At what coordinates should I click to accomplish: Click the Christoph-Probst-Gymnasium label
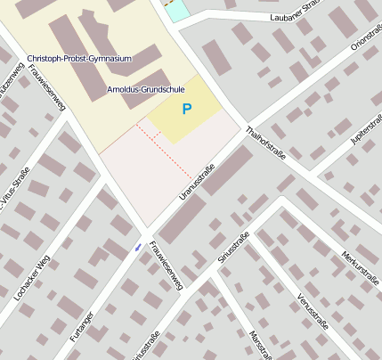78,59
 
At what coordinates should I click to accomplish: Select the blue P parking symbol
186,110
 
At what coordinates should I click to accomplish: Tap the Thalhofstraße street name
266,142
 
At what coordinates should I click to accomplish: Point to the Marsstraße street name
259,346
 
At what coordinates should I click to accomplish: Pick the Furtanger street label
81,327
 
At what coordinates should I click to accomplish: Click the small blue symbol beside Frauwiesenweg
137,247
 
